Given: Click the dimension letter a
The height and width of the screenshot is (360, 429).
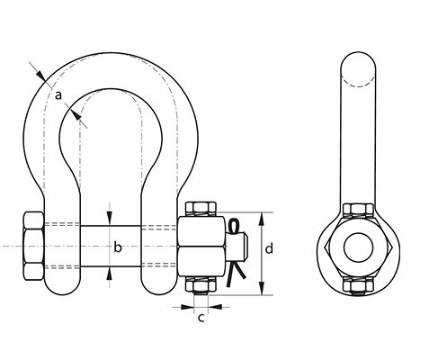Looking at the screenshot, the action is pyautogui.click(x=58, y=95).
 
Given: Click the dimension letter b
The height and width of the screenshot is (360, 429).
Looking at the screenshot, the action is pyautogui.click(x=118, y=247).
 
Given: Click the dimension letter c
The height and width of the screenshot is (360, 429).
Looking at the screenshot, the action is pyautogui.click(x=201, y=318).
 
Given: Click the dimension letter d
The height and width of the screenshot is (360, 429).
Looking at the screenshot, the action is pyautogui.click(x=269, y=248).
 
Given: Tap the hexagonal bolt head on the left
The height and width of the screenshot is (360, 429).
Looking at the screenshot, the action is pyautogui.click(x=33, y=246).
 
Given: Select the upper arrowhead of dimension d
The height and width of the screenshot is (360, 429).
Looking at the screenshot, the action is pyautogui.click(x=262, y=219).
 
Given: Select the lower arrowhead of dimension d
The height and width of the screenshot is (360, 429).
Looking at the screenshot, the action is pyautogui.click(x=262, y=289).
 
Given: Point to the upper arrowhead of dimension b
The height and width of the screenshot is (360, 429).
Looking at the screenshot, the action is pyautogui.click(x=110, y=219).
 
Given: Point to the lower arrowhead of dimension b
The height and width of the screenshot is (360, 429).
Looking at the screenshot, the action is pyautogui.click(x=110, y=274).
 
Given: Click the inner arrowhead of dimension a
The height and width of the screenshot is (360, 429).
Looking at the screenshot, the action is pyautogui.click(x=76, y=115).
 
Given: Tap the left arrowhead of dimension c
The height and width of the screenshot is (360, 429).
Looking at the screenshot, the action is pyautogui.click(x=187, y=307).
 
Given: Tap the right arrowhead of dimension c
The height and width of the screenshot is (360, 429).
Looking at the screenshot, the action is pyautogui.click(x=215, y=307).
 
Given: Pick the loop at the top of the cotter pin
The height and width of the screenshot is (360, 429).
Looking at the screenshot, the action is pyautogui.click(x=233, y=226).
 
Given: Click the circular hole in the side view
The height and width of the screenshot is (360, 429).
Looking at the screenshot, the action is pyautogui.click(x=358, y=247).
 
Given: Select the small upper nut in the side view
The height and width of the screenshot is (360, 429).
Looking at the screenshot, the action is pyautogui.click(x=358, y=210).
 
